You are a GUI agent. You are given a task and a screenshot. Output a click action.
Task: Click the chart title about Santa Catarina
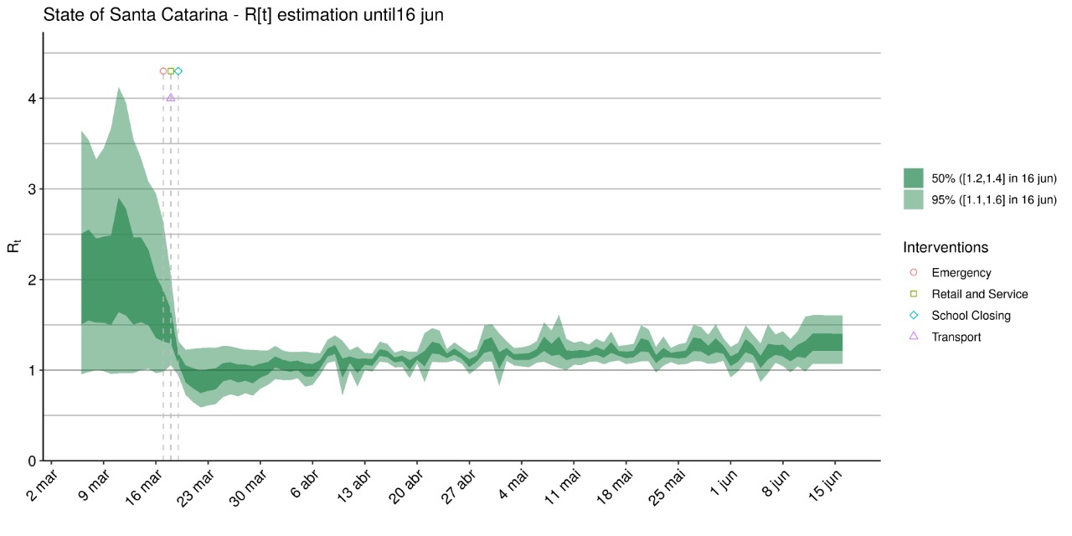pos(242,15)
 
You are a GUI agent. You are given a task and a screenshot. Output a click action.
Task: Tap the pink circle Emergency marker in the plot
pos(163,71)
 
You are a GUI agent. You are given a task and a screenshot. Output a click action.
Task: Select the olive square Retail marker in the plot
pos(171,71)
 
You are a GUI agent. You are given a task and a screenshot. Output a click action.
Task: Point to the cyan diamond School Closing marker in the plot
pos(178,71)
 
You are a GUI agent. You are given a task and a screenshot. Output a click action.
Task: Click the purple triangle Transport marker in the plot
pos(171,97)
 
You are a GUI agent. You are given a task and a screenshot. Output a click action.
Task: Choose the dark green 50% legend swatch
pos(913,178)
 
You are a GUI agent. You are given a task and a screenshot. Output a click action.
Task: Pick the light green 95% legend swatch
pos(913,199)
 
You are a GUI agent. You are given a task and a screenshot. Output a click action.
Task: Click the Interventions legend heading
pos(946,248)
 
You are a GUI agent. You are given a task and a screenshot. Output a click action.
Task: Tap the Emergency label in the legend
pos(961,273)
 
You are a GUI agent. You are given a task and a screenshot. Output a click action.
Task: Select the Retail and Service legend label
pos(979,295)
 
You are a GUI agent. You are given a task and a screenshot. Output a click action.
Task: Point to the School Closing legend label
pos(971,316)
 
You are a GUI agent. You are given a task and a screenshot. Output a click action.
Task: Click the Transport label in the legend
pos(956,338)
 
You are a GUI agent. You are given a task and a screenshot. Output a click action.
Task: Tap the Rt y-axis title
pos(14,247)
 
